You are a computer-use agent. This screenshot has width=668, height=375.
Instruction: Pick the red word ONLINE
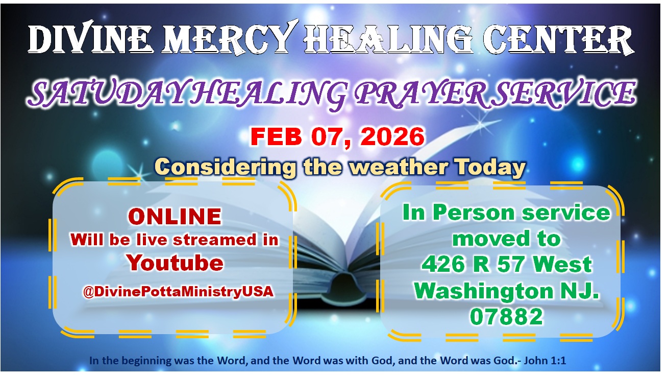click(x=175, y=217)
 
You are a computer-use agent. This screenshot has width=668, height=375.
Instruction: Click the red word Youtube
click(x=175, y=263)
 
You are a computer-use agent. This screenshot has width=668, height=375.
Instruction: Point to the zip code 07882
click(x=506, y=317)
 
